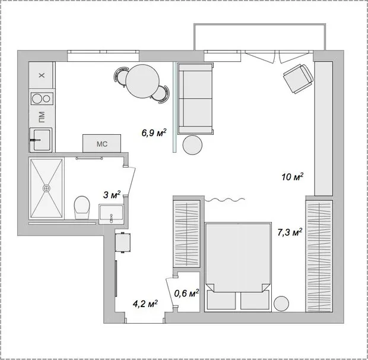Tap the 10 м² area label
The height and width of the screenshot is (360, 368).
[x=293, y=176]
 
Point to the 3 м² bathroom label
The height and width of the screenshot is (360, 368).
[x=112, y=194]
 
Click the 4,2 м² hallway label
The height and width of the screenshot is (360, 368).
[x=145, y=304]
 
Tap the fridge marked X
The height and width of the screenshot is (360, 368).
[x=41, y=76]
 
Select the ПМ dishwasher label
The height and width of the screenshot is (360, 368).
[x=41, y=117]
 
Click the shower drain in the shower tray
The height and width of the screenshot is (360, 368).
[x=46, y=187]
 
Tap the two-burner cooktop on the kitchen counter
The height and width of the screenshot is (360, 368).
[x=42, y=99]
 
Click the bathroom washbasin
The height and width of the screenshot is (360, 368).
[x=111, y=213]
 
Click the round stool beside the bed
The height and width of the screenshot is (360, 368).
[x=282, y=302]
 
